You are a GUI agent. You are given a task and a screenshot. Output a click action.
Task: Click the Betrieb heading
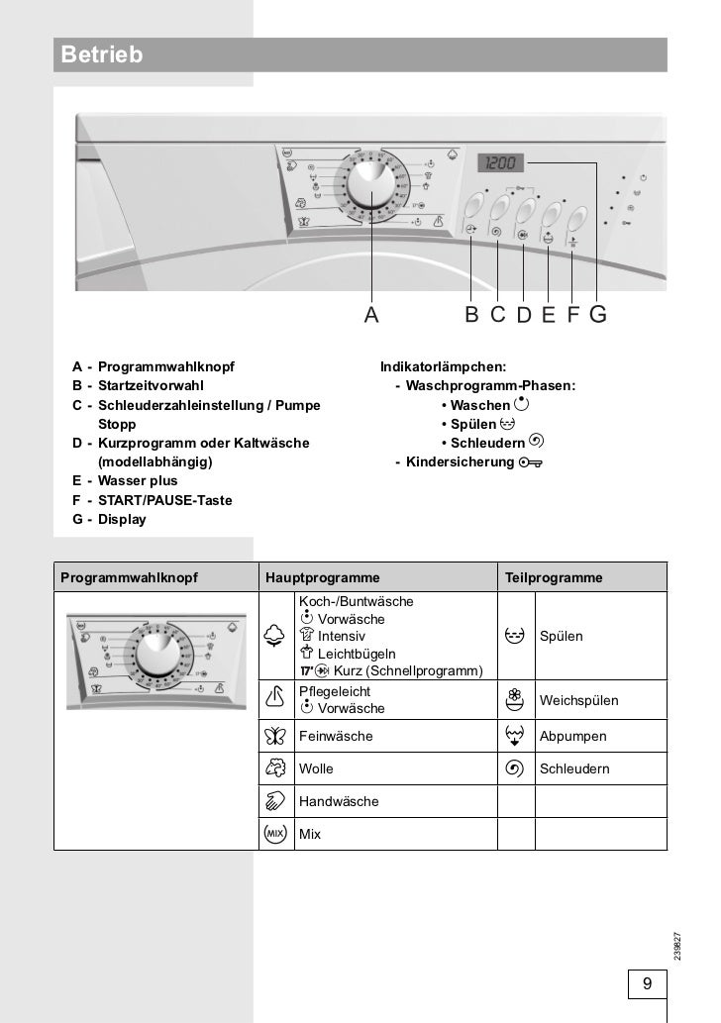(102, 55)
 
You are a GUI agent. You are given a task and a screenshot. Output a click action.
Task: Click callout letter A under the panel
(371, 315)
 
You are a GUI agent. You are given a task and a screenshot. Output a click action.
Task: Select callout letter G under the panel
(598, 315)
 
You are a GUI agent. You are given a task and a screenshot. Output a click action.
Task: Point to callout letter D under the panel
(524, 315)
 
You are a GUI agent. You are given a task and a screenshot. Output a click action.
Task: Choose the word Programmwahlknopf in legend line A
(166, 366)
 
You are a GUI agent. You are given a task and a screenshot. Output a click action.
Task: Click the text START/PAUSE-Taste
(165, 500)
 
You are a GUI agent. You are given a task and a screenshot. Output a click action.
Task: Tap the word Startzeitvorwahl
(151, 385)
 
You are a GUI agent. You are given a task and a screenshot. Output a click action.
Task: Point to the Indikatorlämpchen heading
(443, 366)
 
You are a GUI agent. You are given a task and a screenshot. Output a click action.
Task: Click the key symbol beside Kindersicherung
(531, 462)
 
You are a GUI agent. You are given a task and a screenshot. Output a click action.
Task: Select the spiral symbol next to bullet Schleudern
(536, 442)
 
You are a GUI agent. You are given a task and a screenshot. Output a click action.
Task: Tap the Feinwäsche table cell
(336, 736)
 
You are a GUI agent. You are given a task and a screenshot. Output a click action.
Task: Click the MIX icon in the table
(276, 834)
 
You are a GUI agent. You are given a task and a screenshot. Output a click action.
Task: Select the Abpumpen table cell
(572, 736)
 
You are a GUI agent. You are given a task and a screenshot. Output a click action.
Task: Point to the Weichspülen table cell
(578, 700)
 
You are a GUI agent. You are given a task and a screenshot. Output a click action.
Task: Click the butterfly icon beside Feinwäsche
(276, 736)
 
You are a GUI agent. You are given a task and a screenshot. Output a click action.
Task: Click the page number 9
(647, 983)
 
